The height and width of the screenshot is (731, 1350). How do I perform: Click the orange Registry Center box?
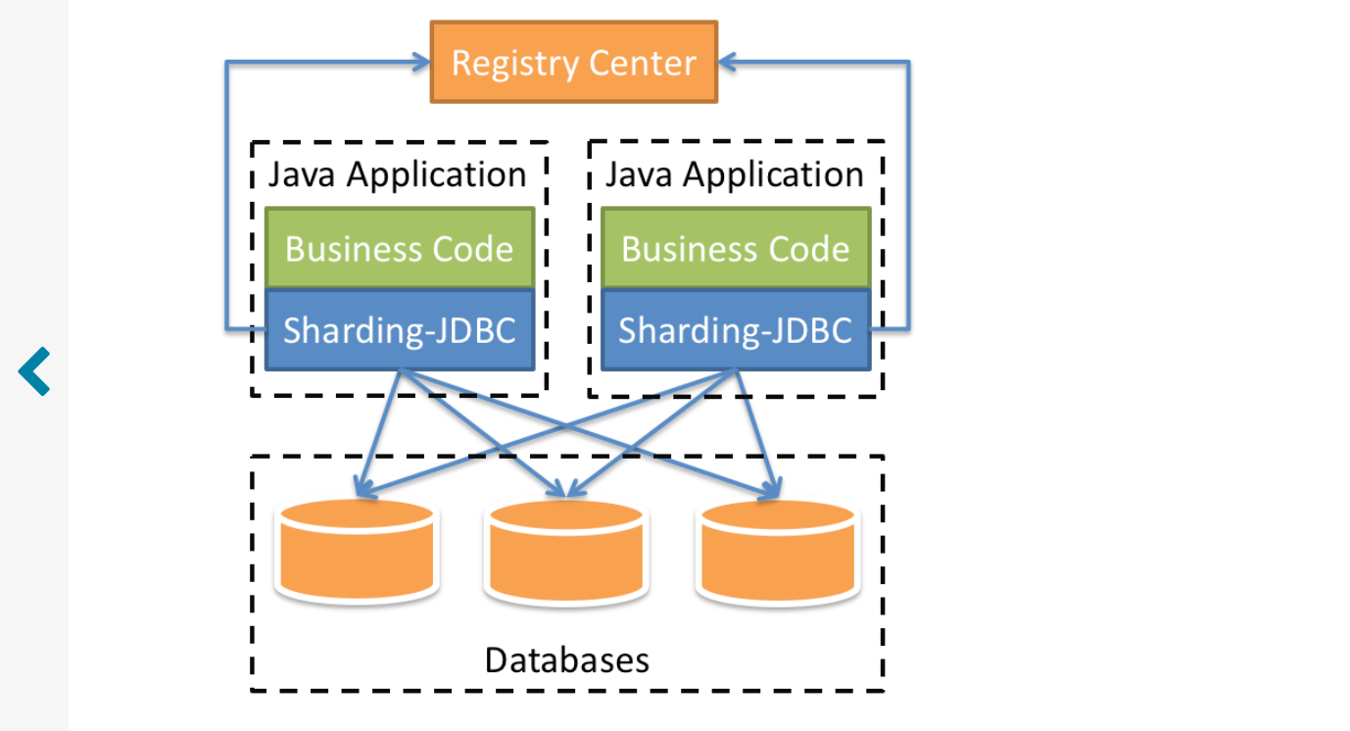click(x=574, y=63)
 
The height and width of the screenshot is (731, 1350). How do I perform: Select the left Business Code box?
click(x=400, y=249)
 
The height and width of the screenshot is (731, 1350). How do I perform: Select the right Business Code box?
click(x=736, y=249)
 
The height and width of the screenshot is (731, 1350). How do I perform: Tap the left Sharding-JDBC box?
click(x=400, y=330)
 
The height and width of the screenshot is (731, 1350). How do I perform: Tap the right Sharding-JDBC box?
click(x=736, y=330)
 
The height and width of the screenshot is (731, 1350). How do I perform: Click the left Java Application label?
click(x=398, y=174)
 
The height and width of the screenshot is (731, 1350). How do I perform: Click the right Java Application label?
click(x=735, y=174)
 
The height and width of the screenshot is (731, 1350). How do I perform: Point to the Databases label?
click(x=566, y=659)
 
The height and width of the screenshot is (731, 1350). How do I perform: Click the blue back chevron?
click(x=34, y=371)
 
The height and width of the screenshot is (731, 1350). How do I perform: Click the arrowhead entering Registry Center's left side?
click(x=421, y=63)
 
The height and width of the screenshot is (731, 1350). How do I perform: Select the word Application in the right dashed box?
click(x=774, y=175)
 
